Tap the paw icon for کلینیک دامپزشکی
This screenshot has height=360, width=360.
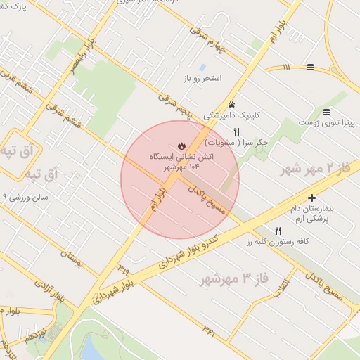coord(232,104)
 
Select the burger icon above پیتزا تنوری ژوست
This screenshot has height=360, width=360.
coord(326,112)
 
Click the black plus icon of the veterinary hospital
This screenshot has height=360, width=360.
coord(311,199)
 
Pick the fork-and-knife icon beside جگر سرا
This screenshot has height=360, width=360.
coord(236,131)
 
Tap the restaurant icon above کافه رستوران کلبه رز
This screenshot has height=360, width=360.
coord(278,231)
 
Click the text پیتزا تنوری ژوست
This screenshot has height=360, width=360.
coord(326,123)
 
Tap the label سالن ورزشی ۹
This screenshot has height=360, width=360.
coord(25,198)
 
